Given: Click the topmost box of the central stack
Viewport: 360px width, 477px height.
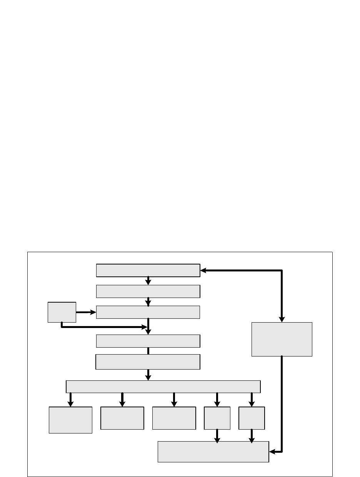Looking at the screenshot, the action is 148,270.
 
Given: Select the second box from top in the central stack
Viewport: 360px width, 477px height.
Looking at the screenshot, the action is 148,291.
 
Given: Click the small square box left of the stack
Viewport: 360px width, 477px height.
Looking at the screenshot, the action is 62,312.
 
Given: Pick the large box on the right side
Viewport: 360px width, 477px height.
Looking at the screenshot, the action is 282,339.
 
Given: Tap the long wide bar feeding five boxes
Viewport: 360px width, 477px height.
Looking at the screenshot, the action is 163,387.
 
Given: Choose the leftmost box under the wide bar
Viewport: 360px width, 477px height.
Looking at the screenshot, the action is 70,420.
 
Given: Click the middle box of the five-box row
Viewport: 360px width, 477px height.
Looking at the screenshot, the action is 174,418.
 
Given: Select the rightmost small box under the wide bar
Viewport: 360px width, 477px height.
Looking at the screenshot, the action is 252,418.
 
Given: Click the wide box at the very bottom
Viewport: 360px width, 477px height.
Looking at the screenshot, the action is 213,452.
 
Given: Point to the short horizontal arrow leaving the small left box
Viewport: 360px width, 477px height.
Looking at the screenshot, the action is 85,312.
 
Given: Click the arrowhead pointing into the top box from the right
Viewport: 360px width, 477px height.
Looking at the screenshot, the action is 203,271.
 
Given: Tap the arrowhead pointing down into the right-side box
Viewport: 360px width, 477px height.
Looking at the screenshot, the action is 282,319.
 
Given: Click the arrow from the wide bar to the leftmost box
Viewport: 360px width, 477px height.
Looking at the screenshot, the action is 70,400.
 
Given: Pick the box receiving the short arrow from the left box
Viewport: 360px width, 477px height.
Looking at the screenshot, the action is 148,312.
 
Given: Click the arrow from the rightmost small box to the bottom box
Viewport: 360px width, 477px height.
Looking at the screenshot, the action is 252,436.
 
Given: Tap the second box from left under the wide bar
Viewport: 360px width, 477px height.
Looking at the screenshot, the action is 122,418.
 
